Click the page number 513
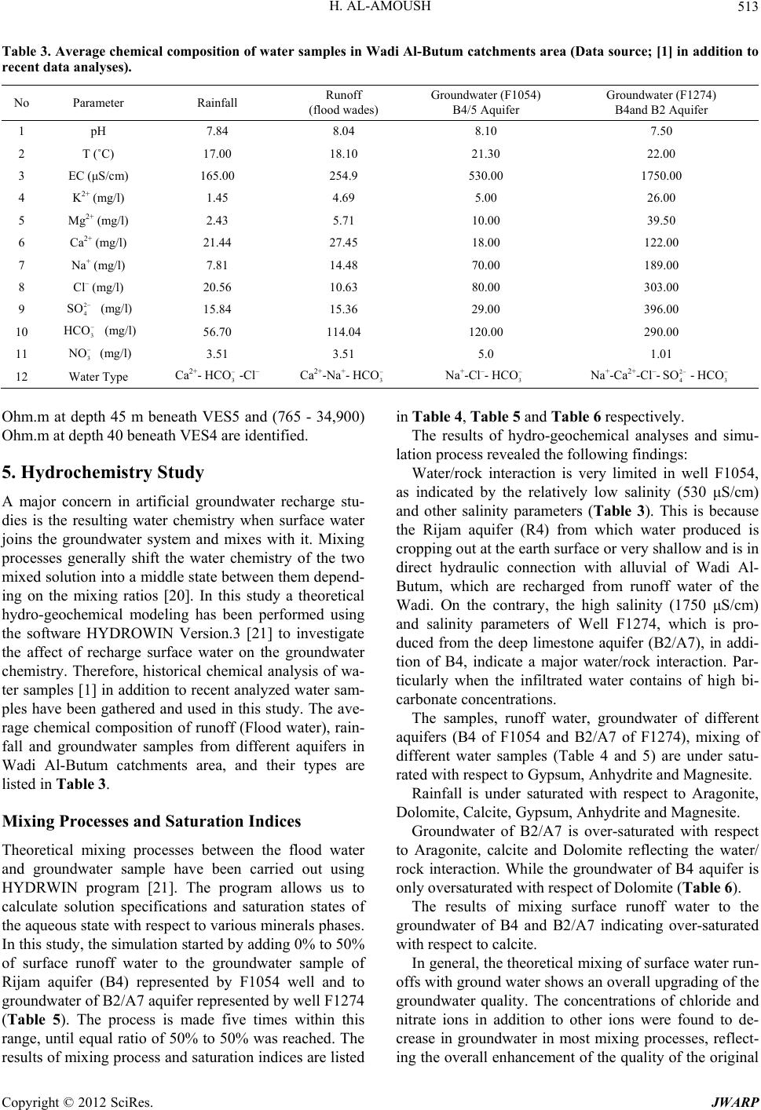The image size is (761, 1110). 746,9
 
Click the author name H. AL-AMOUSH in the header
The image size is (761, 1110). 380,9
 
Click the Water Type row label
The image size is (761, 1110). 99,377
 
